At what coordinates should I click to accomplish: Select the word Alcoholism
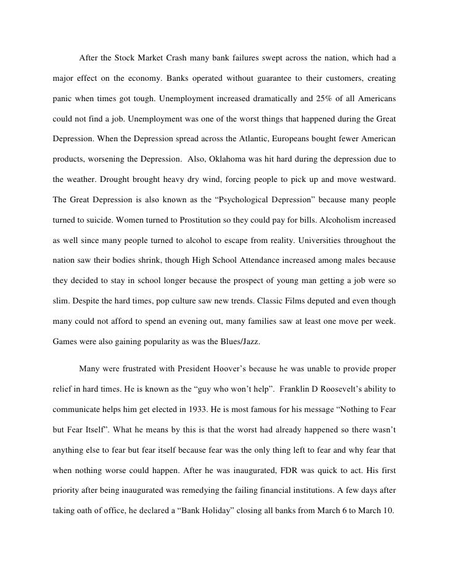(x=339, y=220)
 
